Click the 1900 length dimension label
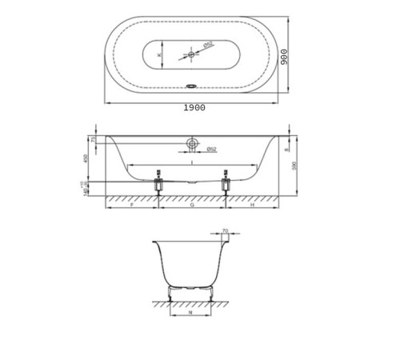(194, 107)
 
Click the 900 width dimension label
(284, 58)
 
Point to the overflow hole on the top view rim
(192, 89)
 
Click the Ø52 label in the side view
(212, 149)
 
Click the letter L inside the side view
(192, 163)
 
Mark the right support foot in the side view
(227, 182)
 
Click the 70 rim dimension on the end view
(225, 231)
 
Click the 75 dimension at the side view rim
(93, 139)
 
